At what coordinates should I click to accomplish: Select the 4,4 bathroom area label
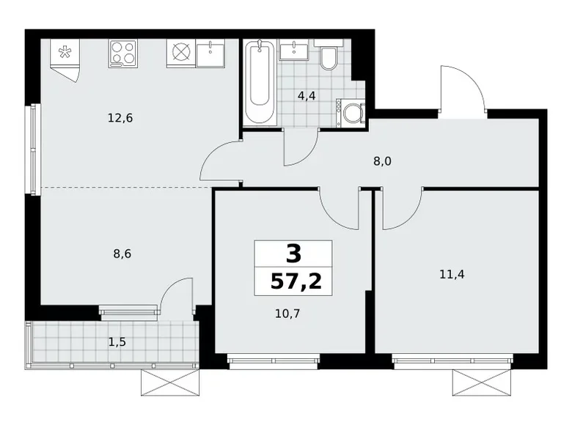(307, 95)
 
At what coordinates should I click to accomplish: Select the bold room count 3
(293, 254)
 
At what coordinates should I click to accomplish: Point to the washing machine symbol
(351, 114)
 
